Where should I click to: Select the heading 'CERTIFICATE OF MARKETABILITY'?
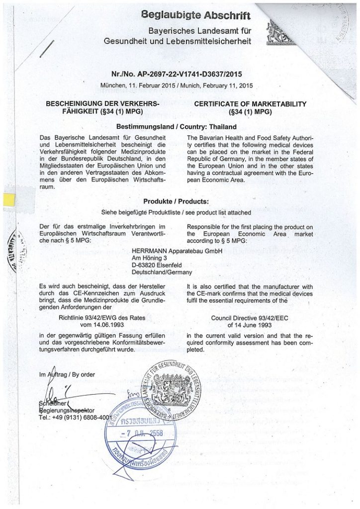[x=250, y=104]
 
